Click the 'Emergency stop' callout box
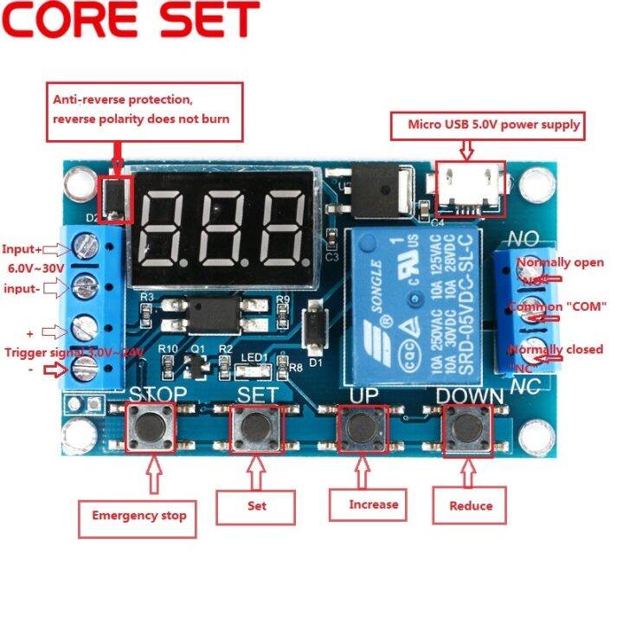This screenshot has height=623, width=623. [139, 515]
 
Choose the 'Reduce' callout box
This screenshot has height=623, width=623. [472, 505]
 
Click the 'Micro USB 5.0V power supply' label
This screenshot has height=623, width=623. [494, 125]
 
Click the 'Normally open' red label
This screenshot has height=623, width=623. [560, 262]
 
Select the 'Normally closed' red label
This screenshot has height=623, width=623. [558, 350]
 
